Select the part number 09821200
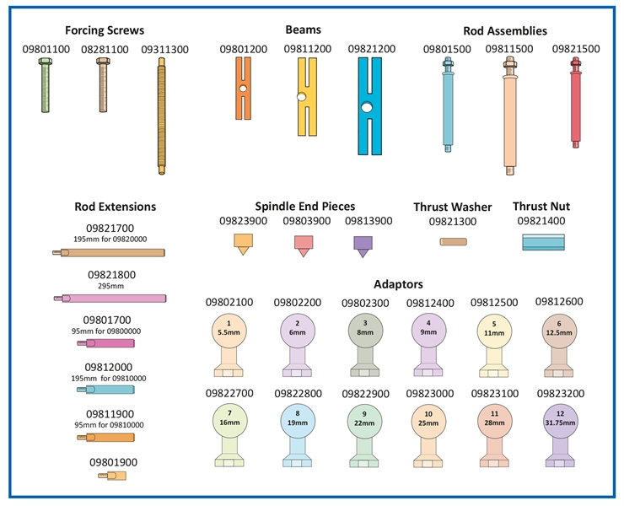point(371,50)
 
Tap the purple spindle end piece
point(363,245)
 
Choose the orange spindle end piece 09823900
point(243,245)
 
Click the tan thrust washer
point(454,242)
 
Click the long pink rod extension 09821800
point(110,298)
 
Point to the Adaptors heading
point(398,285)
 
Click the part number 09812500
point(495,302)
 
